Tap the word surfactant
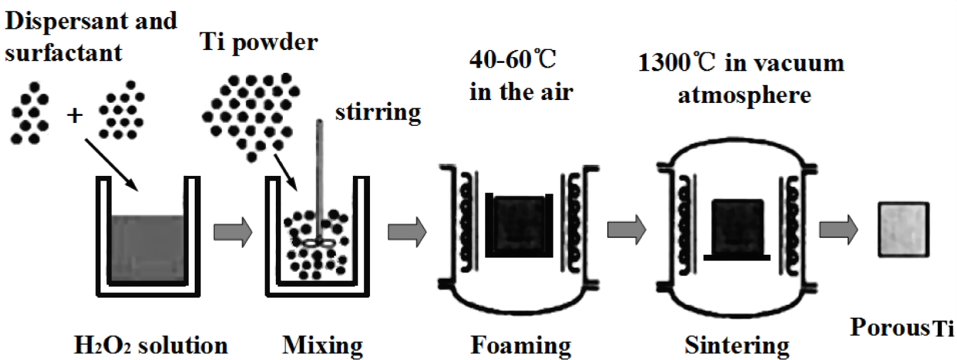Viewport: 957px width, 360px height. (x=63, y=53)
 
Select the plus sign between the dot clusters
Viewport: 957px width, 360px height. (x=75, y=115)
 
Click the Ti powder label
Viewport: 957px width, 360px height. (x=259, y=42)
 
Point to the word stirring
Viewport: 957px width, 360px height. (x=378, y=111)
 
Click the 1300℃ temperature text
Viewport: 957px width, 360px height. (x=676, y=63)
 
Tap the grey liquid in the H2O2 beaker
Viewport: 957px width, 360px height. (x=147, y=247)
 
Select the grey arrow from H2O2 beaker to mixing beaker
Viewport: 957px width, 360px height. (x=232, y=232)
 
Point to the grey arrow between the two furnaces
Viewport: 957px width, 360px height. (x=626, y=229)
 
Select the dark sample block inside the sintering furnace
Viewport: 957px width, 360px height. (x=737, y=226)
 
